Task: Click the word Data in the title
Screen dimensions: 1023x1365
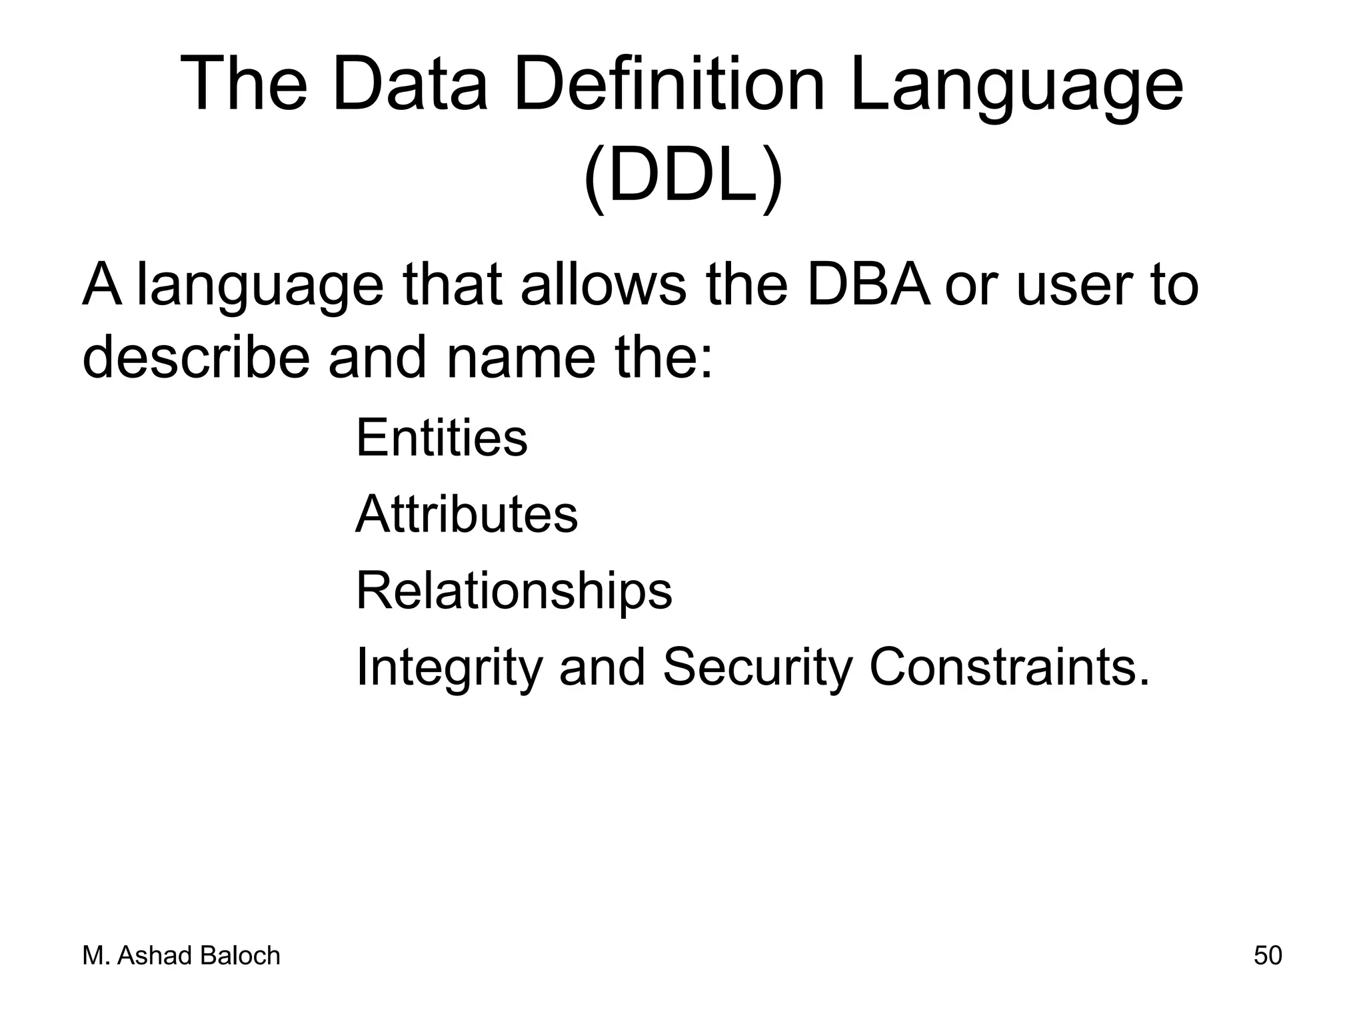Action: (x=409, y=86)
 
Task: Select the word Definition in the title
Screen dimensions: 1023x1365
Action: (x=669, y=86)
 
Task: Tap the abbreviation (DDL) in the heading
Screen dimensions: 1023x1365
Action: (x=682, y=178)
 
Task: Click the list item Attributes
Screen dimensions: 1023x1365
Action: (x=467, y=514)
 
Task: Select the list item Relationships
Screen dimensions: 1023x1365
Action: (x=514, y=592)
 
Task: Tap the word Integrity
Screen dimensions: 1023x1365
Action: (x=449, y=669)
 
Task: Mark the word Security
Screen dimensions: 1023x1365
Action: (x=757, y=669)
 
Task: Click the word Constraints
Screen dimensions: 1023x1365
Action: (x=1009, y=667)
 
